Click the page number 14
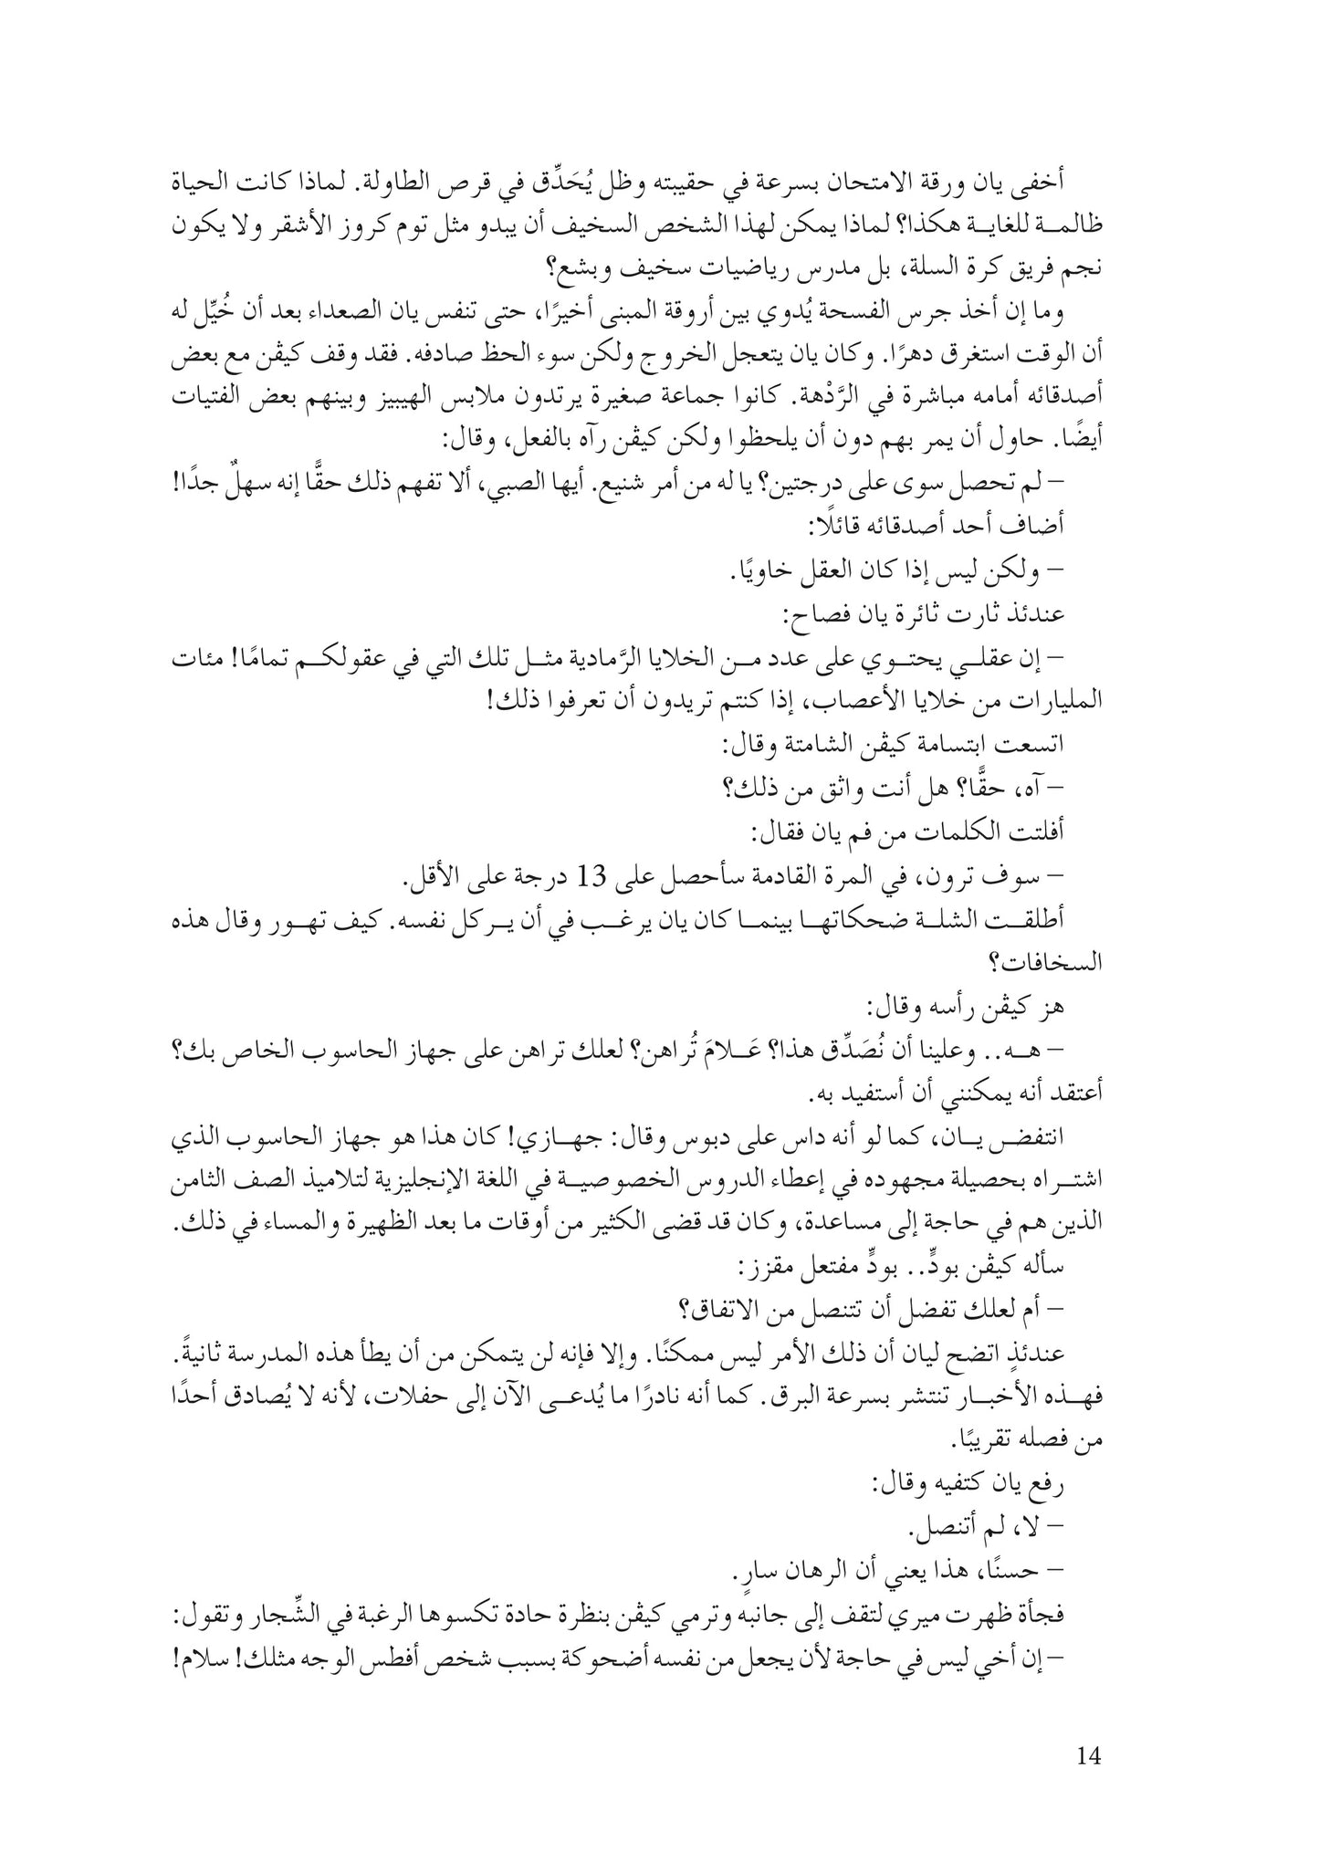point(1088,1755)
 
